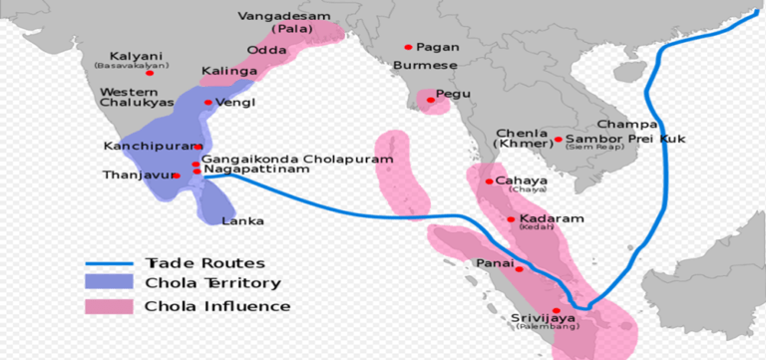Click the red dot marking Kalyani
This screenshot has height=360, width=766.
(x=150, y=73)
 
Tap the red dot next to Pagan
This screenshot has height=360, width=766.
(x=408, y=47)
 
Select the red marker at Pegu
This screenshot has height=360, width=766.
(x=431, y=100)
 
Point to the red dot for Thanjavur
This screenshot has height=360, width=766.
(x=177, y=176)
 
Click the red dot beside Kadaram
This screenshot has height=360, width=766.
(x=512, y=219)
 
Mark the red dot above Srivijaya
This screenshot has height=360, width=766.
(x=556, y=310)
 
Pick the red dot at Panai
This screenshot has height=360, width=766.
(x=519, y=268)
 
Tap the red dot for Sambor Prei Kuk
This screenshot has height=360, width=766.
(x=559, y=139)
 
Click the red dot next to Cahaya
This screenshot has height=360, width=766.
(x=489, y=180)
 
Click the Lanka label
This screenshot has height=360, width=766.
(x=242, y=221)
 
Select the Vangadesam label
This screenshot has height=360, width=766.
(x=276, y=17)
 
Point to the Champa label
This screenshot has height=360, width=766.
(x=627, y=124)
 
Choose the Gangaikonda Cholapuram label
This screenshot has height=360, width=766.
(x=297, y=159)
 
